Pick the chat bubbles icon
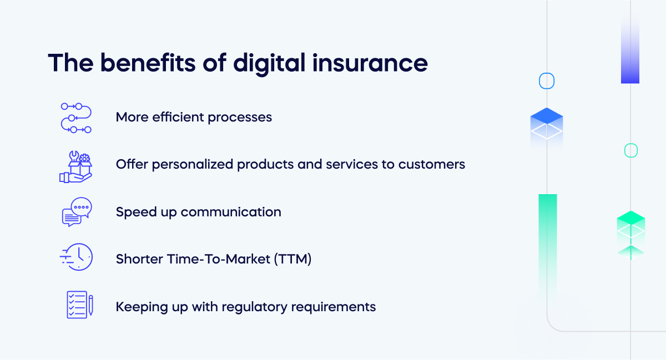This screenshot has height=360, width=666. click(x=77, y=212)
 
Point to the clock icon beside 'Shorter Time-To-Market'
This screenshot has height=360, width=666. click(x=77, y=258)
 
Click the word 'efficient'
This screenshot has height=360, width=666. click(x=181, y=117)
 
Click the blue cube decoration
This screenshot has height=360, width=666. click(x=547, y=123)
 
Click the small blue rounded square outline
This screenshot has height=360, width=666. click(x=547, y=81)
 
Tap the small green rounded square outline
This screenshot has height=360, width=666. click(x=631, y=150)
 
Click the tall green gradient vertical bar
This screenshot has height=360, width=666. click(x=547, y=239)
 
